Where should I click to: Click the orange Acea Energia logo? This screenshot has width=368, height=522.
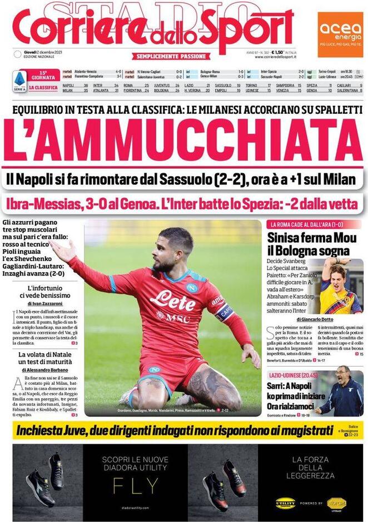340,34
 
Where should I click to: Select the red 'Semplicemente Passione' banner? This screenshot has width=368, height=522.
171,56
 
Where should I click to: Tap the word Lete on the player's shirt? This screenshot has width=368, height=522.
172,301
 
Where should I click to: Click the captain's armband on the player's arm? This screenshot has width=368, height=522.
224,312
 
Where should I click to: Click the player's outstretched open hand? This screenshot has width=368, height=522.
62,251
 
